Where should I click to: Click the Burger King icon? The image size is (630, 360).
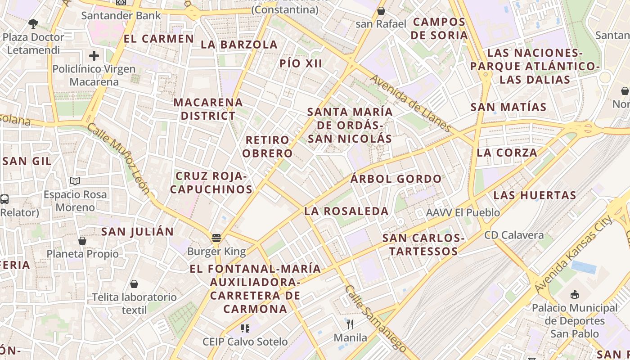(x=216, y=238)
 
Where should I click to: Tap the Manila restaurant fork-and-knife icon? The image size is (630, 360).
(x=350, y=324)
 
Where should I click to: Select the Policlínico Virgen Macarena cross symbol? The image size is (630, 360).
(x=94, y=56)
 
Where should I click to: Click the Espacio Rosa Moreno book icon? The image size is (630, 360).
(x=75, y=181)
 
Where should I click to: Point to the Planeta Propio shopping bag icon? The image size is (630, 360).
(x=82, y=241)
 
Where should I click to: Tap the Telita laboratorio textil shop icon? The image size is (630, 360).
(x=134, y=284)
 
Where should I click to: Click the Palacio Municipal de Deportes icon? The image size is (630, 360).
(x=574, y=295)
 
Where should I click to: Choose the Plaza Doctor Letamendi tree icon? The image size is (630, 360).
(x=33, y=23)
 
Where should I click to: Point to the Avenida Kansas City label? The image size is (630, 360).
(x=574, y=254)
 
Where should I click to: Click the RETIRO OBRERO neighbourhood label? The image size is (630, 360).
(x=268, y=146)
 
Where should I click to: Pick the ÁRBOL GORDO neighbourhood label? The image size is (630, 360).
(x=396, y=179)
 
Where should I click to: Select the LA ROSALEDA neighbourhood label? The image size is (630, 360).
(x=346, y=211)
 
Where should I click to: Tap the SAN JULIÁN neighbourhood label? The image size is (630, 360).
(x=137, y=232)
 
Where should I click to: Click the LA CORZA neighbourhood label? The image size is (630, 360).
(x=507, y=153)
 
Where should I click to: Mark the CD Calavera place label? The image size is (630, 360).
(x=513, y=235)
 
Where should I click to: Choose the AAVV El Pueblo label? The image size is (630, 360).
(x=463, y=212)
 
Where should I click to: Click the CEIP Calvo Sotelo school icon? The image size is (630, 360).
(x=245, y=328)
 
